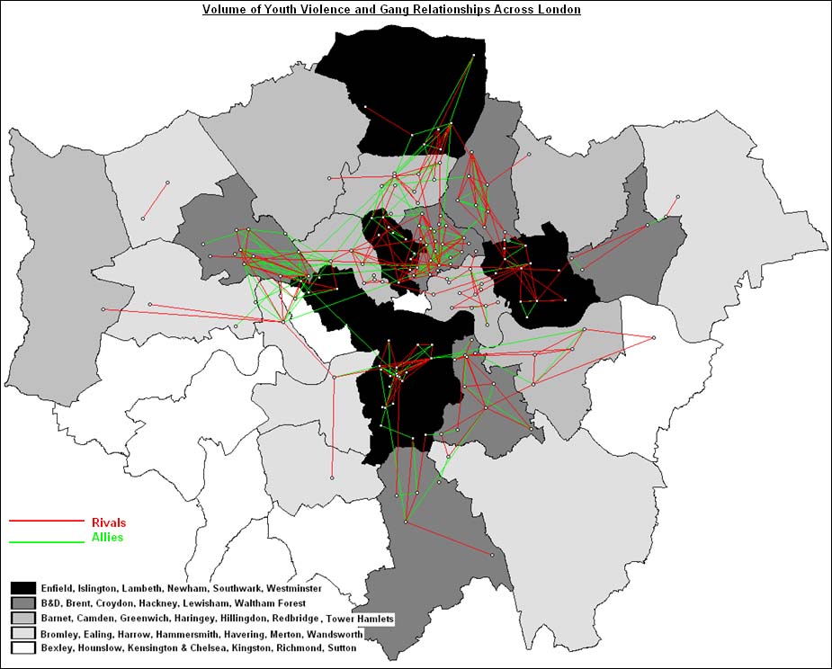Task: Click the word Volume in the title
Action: [x=222, y=10]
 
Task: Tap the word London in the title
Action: [x=560, y=10]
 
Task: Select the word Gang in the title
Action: [x=382, y=10]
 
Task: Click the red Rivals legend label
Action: [x=109, y=522]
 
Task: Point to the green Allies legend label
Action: [x=107, y=538]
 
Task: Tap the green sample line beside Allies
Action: [x=45, y=541]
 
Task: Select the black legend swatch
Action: [x=22, y=588]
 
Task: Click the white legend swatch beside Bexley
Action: [x=22, y=647]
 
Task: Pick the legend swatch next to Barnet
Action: [x=22, y=618]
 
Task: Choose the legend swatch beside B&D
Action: [x=22, y=603]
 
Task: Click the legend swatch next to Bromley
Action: [x=22, y=632]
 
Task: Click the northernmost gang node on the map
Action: [x=474, y=55]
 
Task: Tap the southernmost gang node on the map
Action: [x=493, y=555]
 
